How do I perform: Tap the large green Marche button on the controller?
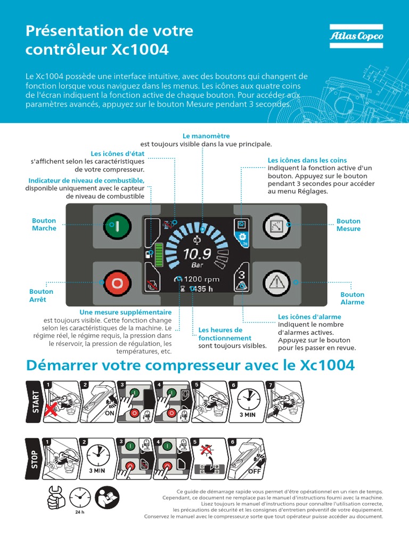click(x=113, y=225)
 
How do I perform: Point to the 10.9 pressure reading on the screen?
click(x=197, y=253)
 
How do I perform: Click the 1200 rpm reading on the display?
click(x=201, y=279)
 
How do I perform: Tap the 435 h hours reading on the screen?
click(x=202, y=289)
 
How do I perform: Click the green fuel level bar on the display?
click(x=158, y=254)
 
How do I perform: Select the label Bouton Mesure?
click(x=348, y=225)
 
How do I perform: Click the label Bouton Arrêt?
click(x=41, y=295)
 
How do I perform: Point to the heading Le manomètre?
click(x=202, y=136)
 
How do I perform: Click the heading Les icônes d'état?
click(x=118, y=154)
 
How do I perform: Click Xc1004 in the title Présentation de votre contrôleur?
click(x=140, y=50)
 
